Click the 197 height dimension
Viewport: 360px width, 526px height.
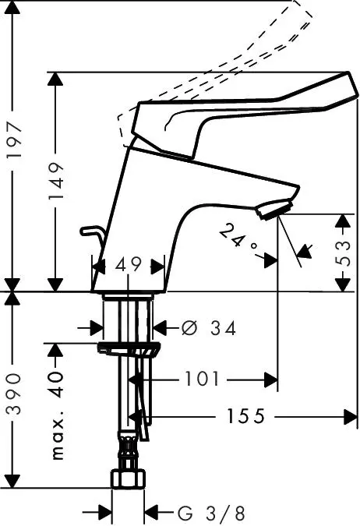point(15,139)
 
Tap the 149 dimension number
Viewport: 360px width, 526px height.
point(55,181)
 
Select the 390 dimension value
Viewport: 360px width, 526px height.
point(15,394)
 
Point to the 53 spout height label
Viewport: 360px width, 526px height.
point(343,252)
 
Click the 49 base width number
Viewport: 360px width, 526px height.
point(128,265)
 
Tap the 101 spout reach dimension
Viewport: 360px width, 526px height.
point(202,379)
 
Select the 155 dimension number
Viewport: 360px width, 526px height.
point(246,416)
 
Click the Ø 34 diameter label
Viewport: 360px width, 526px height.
point(209,328)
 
